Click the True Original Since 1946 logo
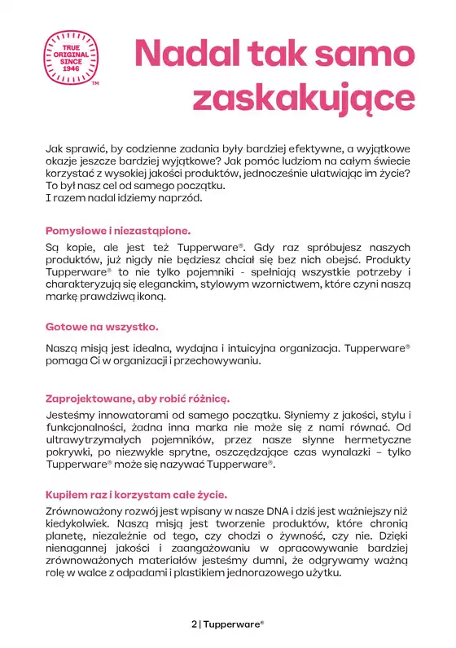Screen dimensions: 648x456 tap(72, 57)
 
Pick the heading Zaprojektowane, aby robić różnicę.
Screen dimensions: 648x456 tap(137, 399)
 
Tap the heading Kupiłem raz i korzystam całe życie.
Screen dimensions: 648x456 tap(136, 495)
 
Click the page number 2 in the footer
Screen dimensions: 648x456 tap(193, 624)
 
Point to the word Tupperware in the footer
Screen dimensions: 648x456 tap(232, 624)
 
